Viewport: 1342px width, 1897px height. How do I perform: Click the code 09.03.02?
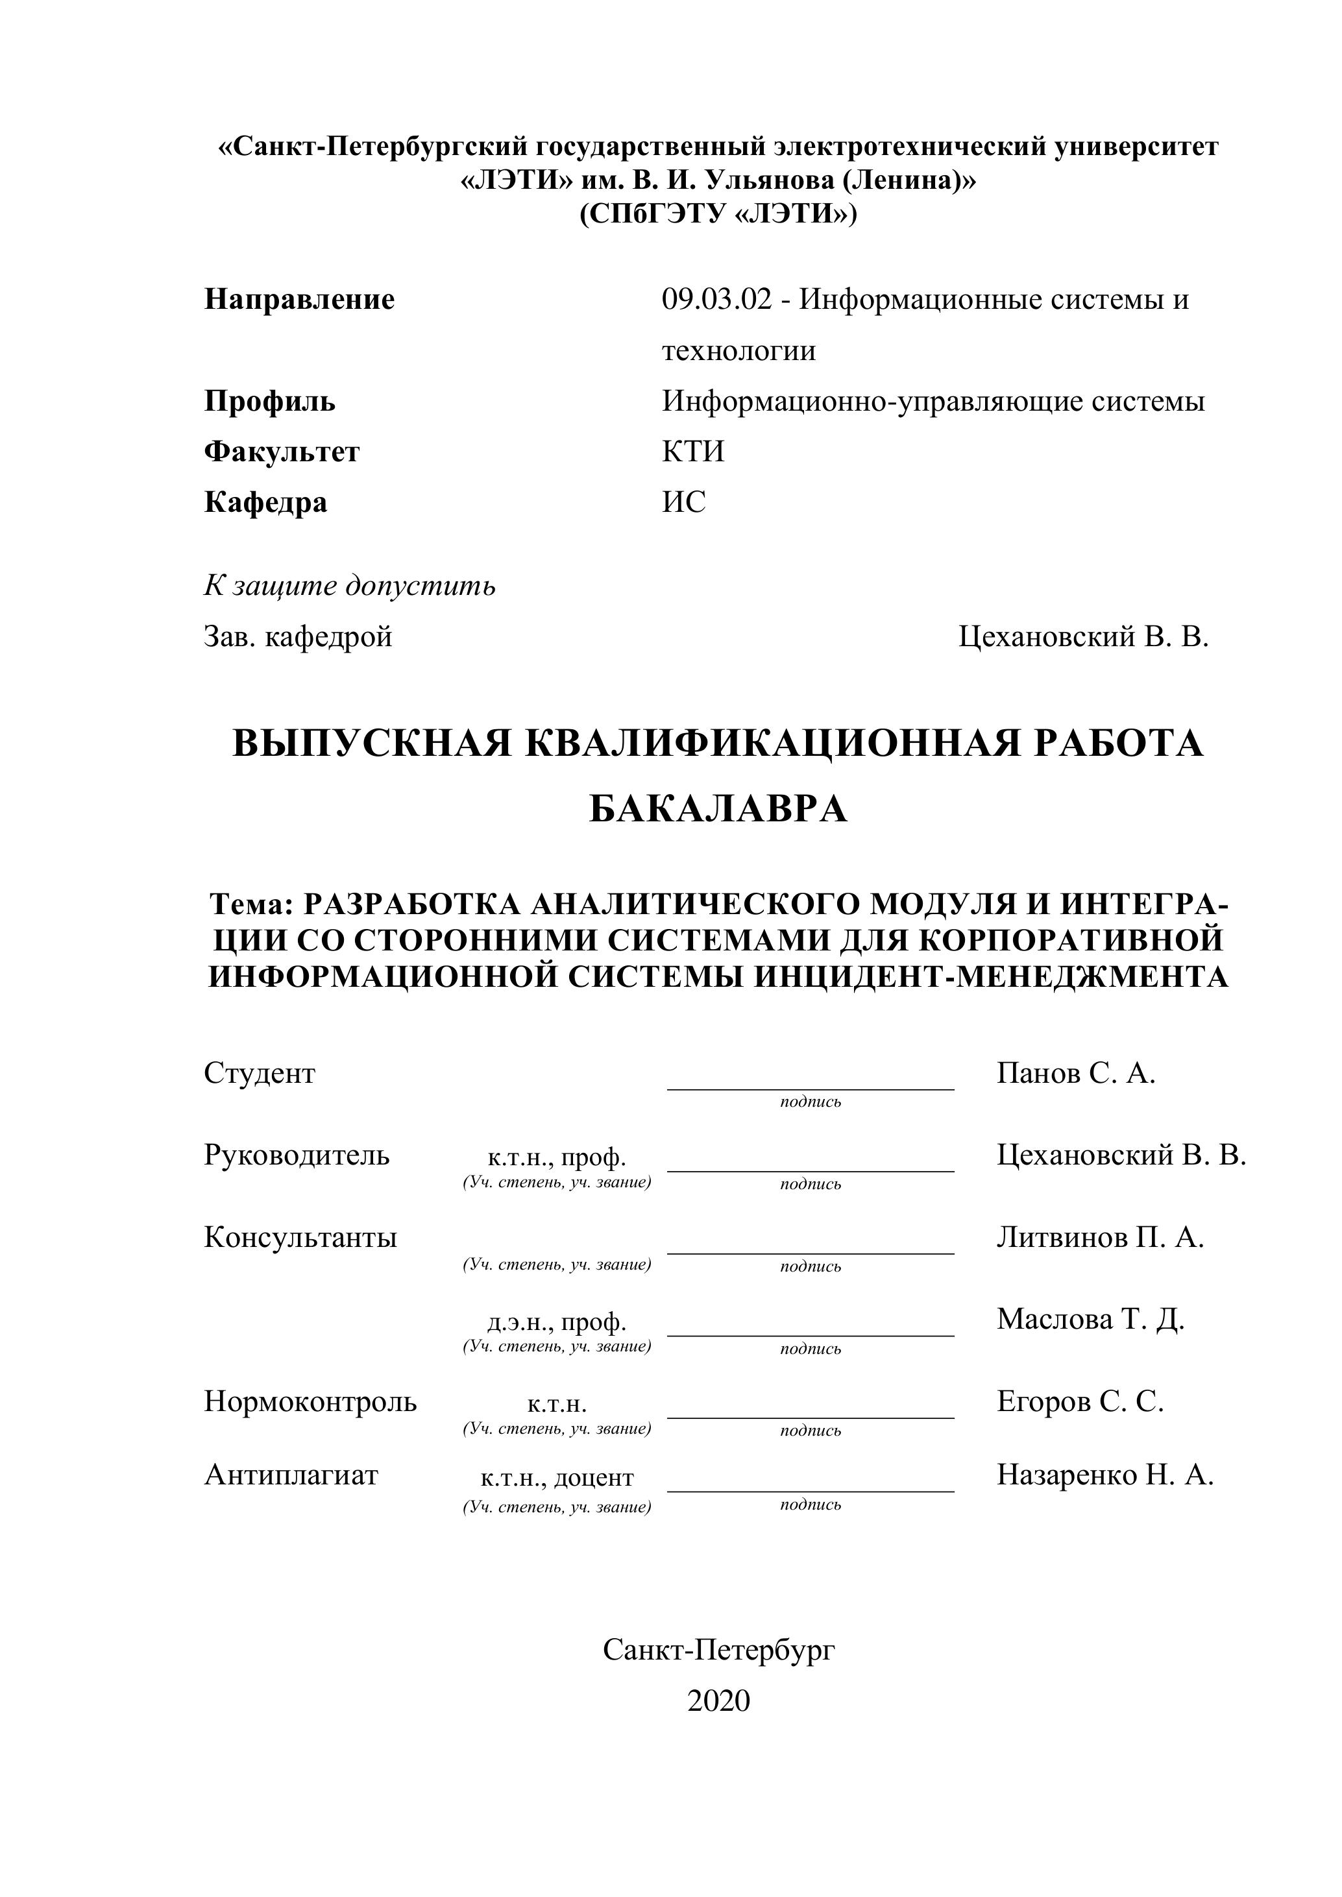[716, 299]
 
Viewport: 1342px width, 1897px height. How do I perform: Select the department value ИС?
[683, 501]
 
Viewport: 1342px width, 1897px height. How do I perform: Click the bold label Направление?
[299, 299]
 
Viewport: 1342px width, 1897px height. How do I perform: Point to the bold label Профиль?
[269, 401]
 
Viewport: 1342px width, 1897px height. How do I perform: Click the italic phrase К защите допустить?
[350, 585]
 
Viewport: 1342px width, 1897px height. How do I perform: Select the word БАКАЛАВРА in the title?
[718, 809]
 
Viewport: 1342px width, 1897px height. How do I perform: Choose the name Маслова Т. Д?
[1091, 1319]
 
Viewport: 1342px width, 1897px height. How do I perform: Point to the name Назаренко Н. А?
[1105, 1474]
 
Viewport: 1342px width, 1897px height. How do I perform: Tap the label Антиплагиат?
[291, 1474]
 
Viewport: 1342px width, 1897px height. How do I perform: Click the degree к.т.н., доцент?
[556, 1477]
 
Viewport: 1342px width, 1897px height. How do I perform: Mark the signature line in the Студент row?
[810, 1088]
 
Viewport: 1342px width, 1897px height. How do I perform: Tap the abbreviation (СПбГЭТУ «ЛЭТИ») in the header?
[718, 214]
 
